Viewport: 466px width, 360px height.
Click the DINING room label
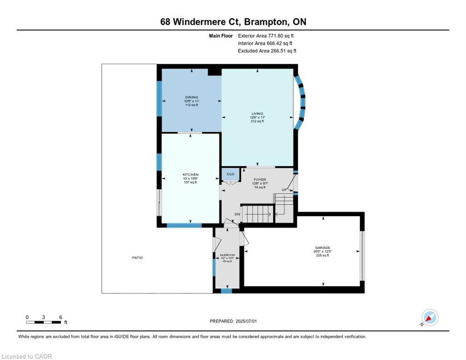(191, 97)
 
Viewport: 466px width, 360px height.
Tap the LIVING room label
(257, 113)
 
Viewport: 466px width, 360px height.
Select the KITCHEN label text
(190, 175)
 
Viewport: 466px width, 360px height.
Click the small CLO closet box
(230, 174)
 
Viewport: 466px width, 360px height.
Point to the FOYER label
(260, 180)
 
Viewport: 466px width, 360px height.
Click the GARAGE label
(322, 247)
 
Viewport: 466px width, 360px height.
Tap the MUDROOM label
(227, 255)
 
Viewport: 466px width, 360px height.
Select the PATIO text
(137, 258)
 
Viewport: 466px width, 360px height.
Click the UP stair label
(284, 189)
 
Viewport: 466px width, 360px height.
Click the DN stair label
(237, 214)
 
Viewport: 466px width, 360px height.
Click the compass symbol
(429, 317)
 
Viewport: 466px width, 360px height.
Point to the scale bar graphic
(44, 322)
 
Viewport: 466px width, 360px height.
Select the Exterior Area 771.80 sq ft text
(266, 36)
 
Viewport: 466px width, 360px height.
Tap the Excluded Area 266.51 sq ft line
(267, 51)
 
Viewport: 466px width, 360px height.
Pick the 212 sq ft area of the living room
(257, 121)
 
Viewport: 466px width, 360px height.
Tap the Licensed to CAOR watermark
(27, 356)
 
